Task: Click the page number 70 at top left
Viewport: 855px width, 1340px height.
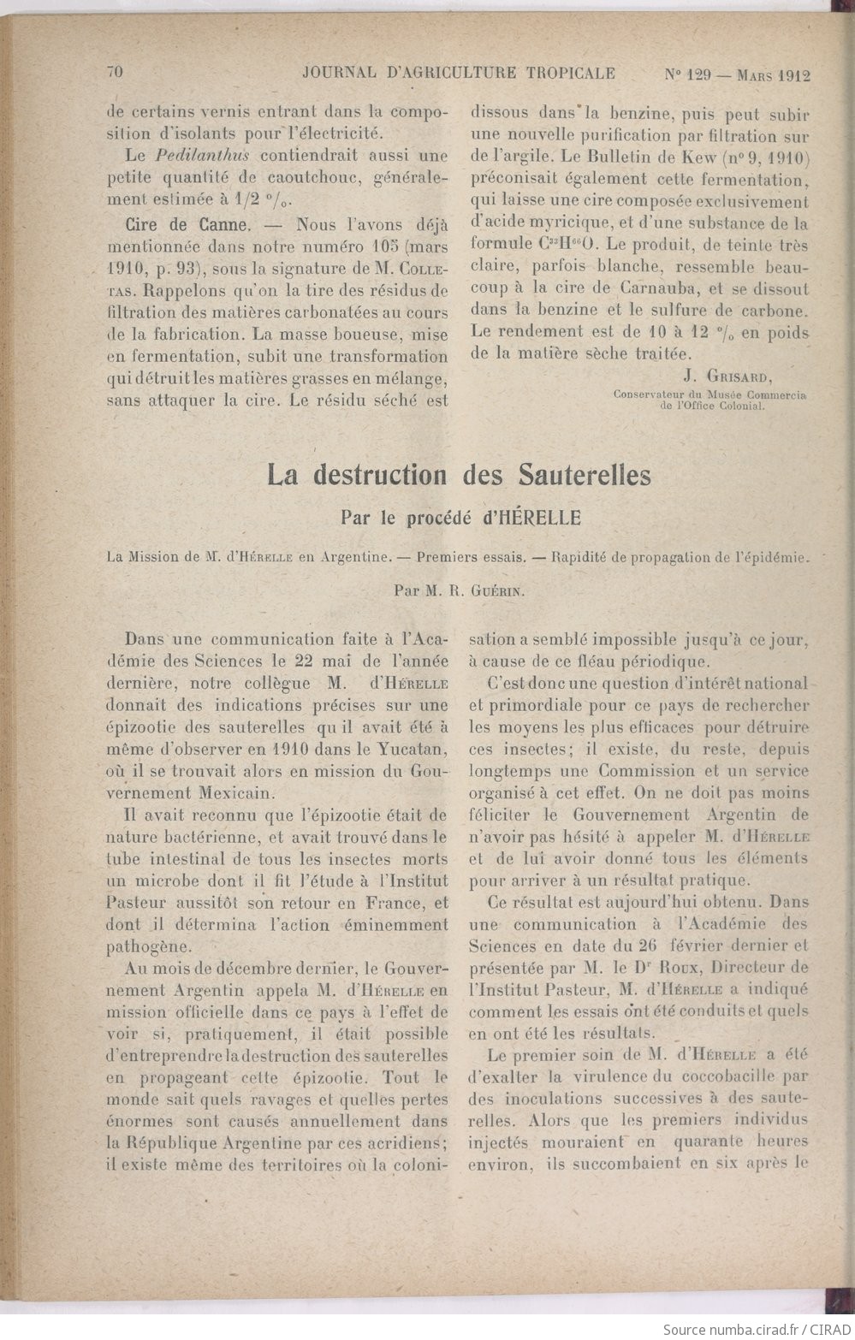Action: pos(116,73)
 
